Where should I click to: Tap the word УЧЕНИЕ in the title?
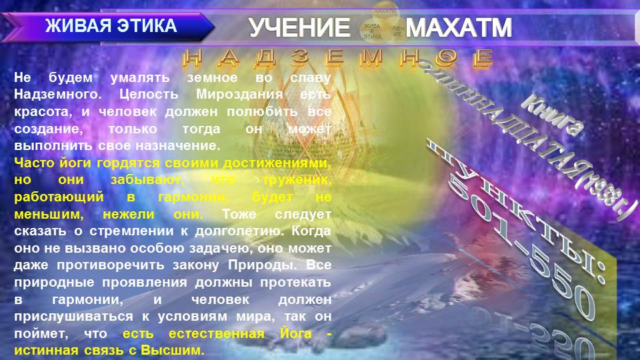[299, 28]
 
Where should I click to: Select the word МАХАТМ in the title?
[459, 28]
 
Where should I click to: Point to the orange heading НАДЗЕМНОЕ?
[338, 59]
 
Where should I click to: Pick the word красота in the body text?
[41, 111]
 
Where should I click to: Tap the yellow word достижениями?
[281, 163]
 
